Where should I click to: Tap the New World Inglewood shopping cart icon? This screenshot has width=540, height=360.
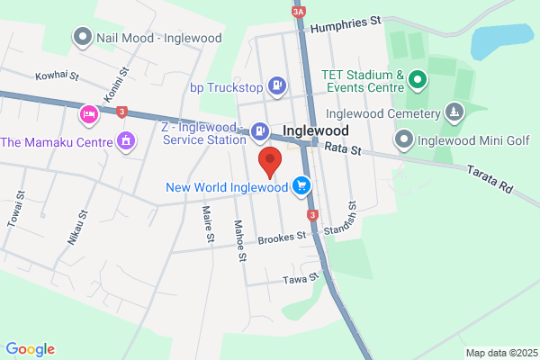301,186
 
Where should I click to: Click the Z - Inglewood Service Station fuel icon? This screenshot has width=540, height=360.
259,131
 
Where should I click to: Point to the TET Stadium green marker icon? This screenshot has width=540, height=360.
418,81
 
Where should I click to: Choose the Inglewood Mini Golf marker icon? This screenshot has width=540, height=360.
403,139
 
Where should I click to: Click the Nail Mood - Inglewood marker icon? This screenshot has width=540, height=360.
84,37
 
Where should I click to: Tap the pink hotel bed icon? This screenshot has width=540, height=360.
88,114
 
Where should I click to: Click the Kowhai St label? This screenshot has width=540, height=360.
58,76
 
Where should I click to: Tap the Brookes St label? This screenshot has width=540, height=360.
282,239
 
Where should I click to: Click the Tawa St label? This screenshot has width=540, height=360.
301,279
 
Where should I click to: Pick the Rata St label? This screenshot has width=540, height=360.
342,148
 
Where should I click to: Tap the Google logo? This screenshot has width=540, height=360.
30,349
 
